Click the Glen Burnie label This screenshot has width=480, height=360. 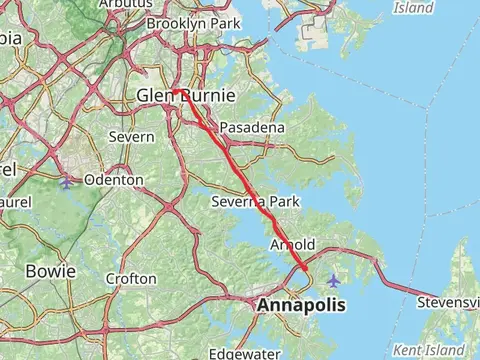click(186, 96)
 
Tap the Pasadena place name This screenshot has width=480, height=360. click(252, 128)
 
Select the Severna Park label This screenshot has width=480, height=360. click(256, 202)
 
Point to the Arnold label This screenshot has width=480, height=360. click(293, 245)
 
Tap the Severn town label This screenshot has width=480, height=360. click(132, 136)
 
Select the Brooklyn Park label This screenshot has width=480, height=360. click(194, 22)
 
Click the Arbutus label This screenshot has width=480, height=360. click(119, 4)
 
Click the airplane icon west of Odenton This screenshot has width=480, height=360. click(66, 182)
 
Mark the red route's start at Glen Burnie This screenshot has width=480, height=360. click(173, 91)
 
